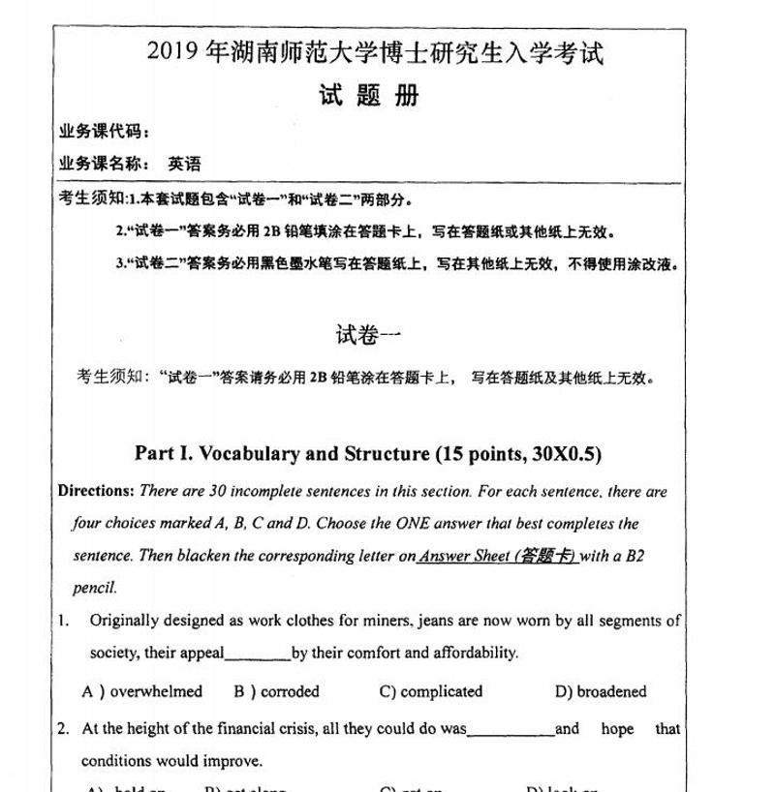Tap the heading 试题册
point(368,95)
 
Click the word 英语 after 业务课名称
point(184,164)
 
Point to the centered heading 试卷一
point(367,335)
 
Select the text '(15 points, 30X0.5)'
point(525,453)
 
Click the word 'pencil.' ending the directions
point(94,587)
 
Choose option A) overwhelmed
point(142,691)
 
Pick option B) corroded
point(275,691)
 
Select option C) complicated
point(431,691)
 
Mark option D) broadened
point(600,691)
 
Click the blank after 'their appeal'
point(258,655)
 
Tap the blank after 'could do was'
point(511,729)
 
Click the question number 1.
point(62,620)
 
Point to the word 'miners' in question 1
point(380,620)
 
